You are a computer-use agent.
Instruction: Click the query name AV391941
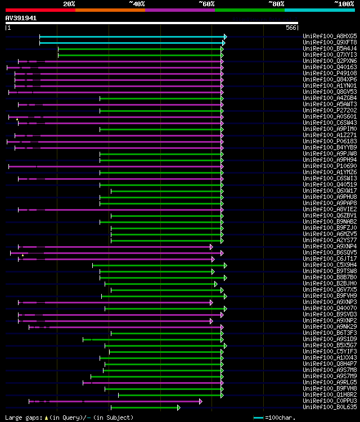(21, 18)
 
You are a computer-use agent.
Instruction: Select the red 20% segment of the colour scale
(40, 10)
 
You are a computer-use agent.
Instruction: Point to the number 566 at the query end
(291, 28)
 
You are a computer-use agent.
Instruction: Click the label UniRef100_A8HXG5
(330, 36)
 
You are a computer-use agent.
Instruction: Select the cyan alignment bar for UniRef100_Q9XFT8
(132, 42)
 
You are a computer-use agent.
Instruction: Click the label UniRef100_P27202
(330, 111)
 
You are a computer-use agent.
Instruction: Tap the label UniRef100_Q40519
(330, 185)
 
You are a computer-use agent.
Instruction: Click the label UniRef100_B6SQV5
(330, 253)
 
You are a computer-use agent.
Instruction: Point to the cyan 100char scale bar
(259, 418)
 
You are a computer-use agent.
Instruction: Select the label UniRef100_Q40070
(330, 308)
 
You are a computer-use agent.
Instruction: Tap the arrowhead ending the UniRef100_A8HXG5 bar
(225, 36)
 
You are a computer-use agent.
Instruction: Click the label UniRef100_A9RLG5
(330, 383)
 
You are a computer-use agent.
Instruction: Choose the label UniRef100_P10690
(330, 166)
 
